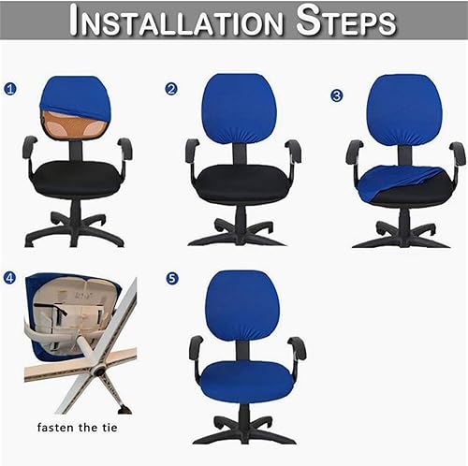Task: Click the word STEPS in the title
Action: tap(346, 21)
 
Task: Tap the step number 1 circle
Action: tap(10, 89)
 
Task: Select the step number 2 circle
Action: tap(171, 89)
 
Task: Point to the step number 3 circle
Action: tap(336, 95)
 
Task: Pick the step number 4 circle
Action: tap(10, 278)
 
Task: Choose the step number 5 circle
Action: tap(172, 278)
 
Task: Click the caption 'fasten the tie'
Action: tap(77, 427)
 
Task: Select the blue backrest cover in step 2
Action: tap(240, 109)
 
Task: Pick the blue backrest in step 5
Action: tap(243, 306)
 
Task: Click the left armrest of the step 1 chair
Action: tap(30, 148)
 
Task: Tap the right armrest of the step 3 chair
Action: tap(457, 153)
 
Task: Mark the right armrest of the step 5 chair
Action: tap(298, 348)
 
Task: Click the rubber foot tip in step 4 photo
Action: tap(124, 409)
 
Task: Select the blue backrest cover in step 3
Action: tap(403, 109)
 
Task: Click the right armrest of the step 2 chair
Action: tap(293, 152)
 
